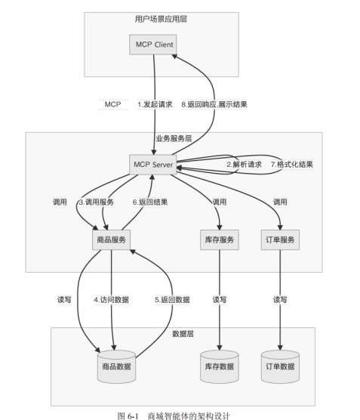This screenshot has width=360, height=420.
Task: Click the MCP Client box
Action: coord(154,45)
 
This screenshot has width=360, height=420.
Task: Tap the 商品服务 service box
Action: coord(111,239)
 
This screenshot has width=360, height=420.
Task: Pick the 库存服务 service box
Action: coord(220,239)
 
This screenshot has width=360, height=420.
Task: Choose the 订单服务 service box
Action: coord(280,239)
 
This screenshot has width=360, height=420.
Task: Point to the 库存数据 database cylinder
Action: coord(220,366)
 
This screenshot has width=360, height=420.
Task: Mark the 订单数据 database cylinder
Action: coord(280,366)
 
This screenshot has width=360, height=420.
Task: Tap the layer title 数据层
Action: coord(184,333)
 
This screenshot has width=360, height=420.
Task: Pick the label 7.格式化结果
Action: coord(291,165)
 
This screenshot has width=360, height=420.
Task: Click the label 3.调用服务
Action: coord(96,202)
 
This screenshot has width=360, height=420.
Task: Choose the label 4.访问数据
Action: coord(111,300)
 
